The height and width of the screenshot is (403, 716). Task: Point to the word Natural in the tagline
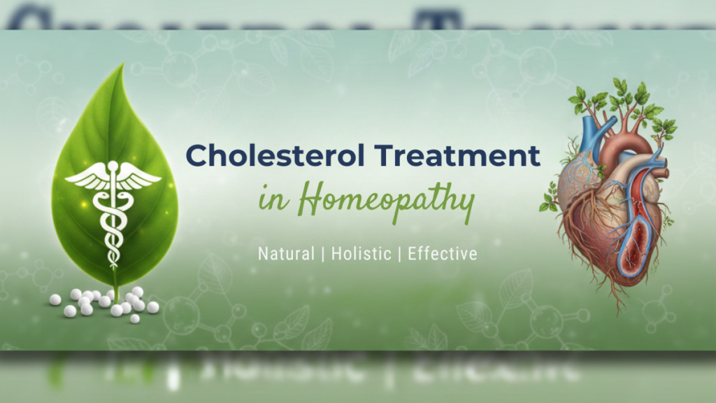tap(286, 253)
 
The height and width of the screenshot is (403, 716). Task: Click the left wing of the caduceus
tap(86, 176)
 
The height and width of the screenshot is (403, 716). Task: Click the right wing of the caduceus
tap(140, 176)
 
